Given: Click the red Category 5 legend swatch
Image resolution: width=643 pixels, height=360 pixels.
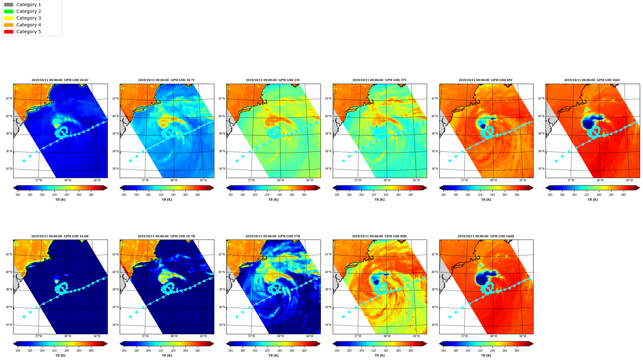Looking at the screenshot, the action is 9,32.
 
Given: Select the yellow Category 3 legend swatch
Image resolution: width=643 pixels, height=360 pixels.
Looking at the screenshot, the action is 9,18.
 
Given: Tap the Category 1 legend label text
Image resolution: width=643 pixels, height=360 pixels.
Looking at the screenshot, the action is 29,5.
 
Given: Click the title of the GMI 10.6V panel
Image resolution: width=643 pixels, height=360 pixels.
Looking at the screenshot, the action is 60,80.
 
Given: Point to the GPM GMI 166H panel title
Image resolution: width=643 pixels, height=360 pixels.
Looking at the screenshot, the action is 486,236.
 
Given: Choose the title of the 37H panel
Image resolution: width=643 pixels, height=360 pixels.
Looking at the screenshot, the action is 273,236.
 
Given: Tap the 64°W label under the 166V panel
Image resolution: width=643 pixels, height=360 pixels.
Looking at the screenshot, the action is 629,180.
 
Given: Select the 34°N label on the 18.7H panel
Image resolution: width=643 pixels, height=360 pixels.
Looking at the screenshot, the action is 115,325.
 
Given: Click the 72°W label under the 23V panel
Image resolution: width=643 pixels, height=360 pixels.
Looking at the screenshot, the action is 251,180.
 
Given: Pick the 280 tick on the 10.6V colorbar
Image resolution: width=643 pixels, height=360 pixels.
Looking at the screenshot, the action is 91,194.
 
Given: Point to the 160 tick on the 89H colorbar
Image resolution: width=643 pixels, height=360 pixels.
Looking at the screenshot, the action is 337,351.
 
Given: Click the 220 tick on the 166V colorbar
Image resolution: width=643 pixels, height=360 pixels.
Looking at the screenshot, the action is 587,194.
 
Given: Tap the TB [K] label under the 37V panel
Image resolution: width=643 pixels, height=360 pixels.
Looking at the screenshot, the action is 379,200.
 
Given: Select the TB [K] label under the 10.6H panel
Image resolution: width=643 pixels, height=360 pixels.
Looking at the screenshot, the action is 60,355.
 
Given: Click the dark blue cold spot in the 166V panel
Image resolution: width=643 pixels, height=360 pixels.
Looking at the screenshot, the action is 588,124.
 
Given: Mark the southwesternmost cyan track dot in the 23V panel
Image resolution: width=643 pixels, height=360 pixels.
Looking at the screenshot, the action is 237,161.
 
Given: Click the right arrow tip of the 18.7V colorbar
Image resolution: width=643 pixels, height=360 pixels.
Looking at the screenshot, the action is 214,188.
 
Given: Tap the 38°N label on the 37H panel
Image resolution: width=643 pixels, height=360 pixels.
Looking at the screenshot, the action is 222,289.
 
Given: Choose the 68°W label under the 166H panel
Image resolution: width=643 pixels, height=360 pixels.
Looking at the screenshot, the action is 493,336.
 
